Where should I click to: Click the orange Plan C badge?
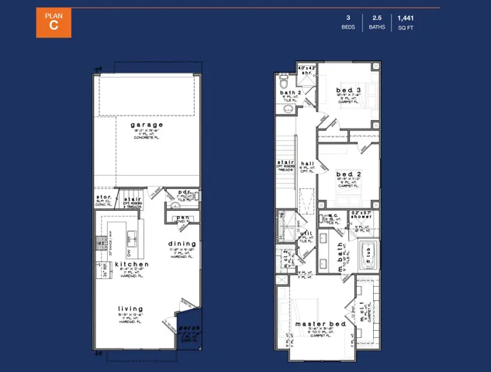pyautogui.click(x=54, y=22)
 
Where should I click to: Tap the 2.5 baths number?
pyautogui.click(x=376, y=17)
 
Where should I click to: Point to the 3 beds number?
pyautogui.click(x=348, y=17)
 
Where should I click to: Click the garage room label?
pyautogui.click(x=147, y=125)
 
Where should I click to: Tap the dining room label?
pyautogui.click(x=182, y=243)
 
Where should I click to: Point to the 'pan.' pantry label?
pyautogui.click(x=183, y=218)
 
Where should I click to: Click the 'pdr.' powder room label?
pyautogui.click(x=184, y=191)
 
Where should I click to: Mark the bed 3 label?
pyautogui.click(x=348, y=91)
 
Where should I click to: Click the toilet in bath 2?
pyautogui.click(x=285, y=81)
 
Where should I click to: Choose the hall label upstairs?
pyautogui.click(x=308, y=164)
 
